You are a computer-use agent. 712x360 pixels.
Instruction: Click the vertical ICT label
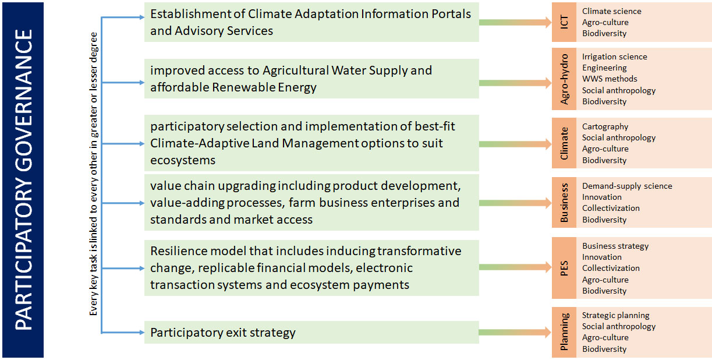564,22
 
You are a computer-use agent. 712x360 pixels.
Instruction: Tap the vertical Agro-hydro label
564,79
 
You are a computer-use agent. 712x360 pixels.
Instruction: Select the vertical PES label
564,268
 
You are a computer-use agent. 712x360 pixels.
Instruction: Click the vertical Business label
564,203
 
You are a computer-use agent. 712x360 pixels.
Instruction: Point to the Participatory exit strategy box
311,333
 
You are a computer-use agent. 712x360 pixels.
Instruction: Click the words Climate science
611,11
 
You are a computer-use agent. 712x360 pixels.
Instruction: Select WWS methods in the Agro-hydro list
610,79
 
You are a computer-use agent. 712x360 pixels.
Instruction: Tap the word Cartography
605,126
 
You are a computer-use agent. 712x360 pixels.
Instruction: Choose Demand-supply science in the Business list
627,186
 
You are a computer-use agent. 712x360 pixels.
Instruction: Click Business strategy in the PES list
615,246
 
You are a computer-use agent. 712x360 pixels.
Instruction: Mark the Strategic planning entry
615,316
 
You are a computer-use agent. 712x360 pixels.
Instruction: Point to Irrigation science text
614,57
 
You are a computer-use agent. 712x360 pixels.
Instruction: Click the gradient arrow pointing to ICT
515,22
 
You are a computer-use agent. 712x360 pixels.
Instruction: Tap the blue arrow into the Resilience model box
123,269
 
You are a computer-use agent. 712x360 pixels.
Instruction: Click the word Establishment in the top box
192,14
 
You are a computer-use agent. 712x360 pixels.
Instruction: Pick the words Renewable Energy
264,87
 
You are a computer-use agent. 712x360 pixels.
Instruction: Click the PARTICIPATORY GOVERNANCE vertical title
23,179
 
